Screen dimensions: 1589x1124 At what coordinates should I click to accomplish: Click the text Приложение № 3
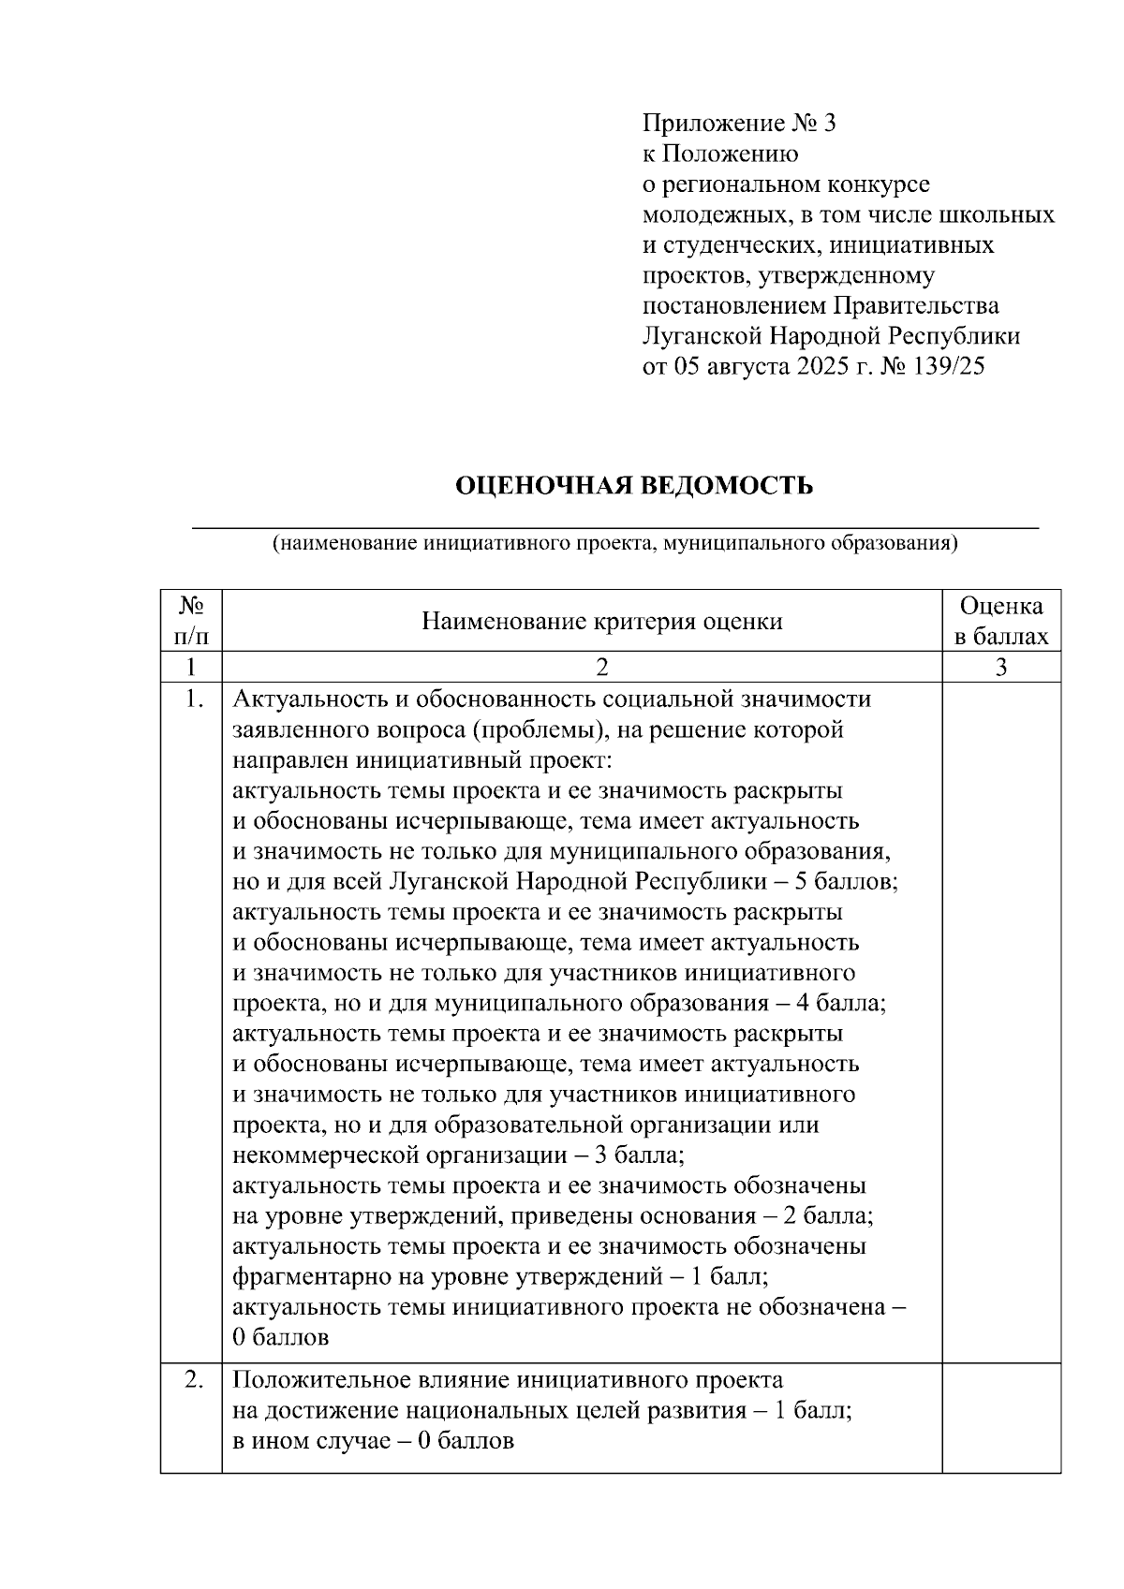click(738, 124)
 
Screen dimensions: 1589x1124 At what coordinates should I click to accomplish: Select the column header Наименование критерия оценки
click(601, 622)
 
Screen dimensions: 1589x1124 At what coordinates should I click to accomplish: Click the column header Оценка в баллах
click(1000, 622)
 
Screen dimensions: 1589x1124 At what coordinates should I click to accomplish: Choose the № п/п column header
click(191, 622)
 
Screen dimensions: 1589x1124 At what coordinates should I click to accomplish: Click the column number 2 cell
click(601, 667)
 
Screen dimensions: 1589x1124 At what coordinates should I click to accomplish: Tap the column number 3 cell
click(1000, 667)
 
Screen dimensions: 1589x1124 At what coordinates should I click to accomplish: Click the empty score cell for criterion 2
click(1000, 1418)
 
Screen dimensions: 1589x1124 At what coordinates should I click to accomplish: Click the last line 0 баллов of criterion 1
click(281, 1338)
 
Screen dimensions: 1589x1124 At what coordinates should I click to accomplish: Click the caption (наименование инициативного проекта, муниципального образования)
click(614, 543)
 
